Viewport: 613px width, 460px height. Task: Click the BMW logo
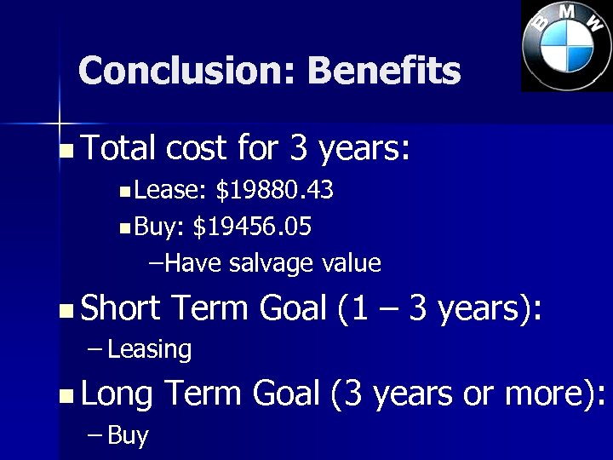point(567,45)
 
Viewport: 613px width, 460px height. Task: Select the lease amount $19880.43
point(274,190)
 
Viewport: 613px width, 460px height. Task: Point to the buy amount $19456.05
point(252,227)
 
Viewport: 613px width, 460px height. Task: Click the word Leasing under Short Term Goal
point(150,349)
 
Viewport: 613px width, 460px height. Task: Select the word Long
point(117,394)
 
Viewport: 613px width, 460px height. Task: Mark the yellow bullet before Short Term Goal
point(67,312)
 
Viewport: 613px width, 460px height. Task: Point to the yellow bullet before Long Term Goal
point(67,397)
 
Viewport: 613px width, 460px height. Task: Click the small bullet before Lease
point(125,193)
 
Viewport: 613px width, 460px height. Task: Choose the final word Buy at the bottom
point(128,436)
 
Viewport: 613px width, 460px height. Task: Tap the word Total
point(119,150)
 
